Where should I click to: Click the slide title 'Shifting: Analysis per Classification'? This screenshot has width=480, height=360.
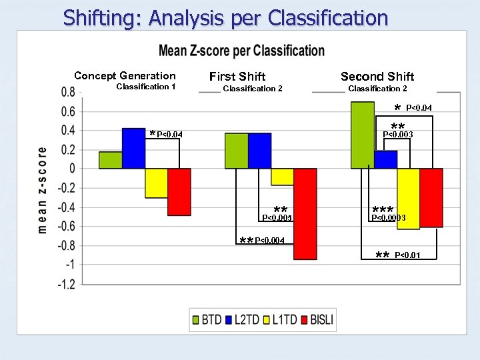[225, 18]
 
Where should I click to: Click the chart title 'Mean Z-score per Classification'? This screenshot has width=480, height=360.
[241, 51]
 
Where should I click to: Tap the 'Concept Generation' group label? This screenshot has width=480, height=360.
[125, 76]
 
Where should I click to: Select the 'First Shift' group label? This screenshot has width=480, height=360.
[237, 77]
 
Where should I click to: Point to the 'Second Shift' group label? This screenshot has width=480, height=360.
[377, 77]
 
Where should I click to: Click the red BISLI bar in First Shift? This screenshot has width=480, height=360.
[305, 213]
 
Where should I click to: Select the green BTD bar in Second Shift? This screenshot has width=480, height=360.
[363, 135]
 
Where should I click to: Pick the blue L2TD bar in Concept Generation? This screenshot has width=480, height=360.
[133, 148]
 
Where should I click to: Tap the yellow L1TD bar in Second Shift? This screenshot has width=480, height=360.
[408, 199]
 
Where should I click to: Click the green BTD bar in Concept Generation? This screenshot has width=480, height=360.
[111, 160]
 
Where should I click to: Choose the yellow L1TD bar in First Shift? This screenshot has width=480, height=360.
[283, 177]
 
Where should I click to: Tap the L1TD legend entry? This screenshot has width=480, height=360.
[278, 320]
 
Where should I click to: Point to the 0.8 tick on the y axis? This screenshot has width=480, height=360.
[68, 92]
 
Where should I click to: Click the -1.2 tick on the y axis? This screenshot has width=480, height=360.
[66, 284]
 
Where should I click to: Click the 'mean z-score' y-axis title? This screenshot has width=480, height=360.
[43, 190]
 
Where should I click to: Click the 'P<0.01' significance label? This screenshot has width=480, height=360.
[407, 255]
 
